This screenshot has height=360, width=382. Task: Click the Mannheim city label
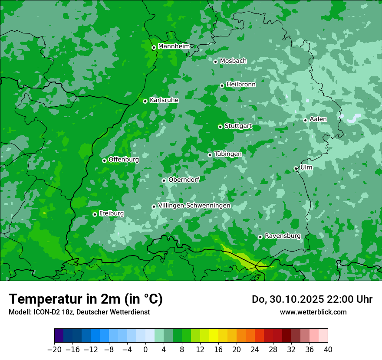point(174,46)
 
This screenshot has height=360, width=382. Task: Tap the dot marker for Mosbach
point(215,62)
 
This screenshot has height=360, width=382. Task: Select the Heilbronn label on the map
point(241,85)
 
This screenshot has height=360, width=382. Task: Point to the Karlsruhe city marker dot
point(145,101)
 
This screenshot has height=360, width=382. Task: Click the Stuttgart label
point(238,126)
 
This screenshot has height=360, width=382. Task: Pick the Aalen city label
point(318,119)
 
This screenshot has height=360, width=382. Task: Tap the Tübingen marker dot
point(210,155)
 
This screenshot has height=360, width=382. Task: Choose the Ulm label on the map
point(306,167)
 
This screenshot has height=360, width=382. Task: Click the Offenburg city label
point(124,160)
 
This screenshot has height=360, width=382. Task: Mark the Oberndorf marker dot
point(164,180)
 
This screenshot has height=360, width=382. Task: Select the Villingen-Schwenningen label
point(194,206)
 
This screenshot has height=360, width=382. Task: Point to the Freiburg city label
point(112,213)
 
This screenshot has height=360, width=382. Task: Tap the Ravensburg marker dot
point(260,237)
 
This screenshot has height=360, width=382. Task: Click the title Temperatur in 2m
point(86,299)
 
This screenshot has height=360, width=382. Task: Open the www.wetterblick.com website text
point(313,312)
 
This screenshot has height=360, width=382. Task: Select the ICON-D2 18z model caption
point(79,312)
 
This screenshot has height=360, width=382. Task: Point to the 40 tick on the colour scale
point(328,350)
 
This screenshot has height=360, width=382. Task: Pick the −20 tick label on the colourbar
point(54,350)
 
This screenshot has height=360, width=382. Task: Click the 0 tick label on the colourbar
point(145,350)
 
